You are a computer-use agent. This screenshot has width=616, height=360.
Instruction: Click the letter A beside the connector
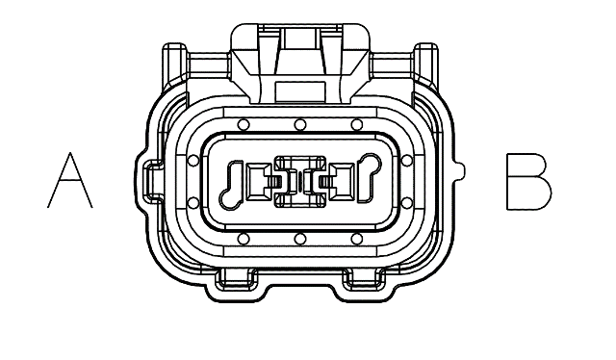point(70,181)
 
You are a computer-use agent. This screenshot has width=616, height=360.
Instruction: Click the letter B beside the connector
point(528,182)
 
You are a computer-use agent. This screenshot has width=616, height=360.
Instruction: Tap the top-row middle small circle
point(300,125)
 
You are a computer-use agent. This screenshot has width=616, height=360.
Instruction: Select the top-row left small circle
point(244,125)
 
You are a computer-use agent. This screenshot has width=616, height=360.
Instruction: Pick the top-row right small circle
point(357,125)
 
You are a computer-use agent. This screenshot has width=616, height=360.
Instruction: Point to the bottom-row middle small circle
point(300,239)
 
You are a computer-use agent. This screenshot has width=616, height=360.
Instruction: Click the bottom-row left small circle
point(244,239)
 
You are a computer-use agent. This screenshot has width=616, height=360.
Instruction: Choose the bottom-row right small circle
point(357,239)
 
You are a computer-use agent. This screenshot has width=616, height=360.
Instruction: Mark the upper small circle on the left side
point(193,161)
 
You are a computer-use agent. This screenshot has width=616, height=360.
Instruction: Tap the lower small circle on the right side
point(407,203)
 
